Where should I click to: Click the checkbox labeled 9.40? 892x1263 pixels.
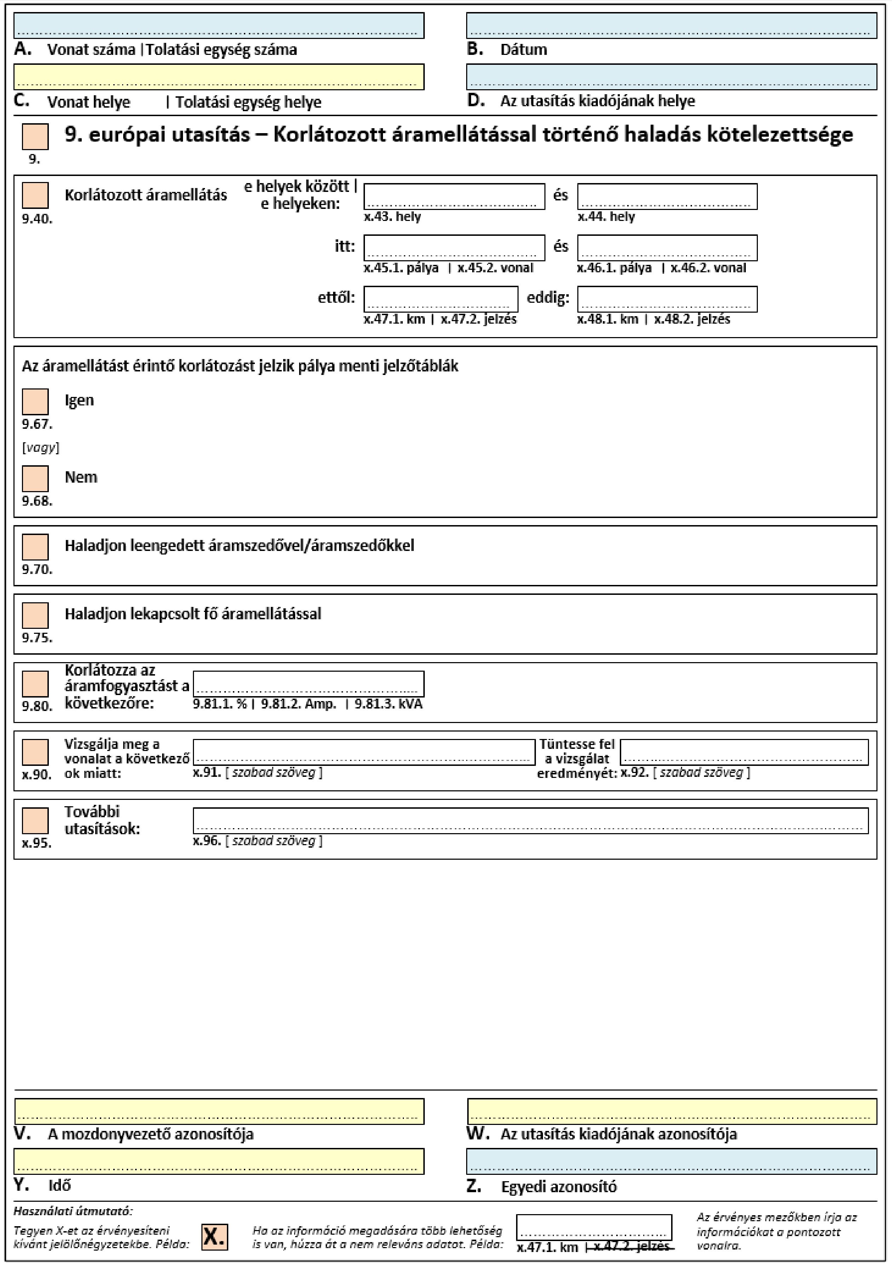tap(35, 195)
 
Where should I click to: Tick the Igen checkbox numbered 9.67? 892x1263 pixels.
tap(35, 402)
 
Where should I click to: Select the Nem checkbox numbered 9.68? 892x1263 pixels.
tap(35, 479)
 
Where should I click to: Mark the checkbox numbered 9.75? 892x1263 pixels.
tap(35, 615)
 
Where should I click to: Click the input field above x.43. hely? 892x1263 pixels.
tap(454, 197)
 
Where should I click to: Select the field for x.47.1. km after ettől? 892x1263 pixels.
tap(440, 299)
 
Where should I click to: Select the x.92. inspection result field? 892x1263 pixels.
tap(744, 752)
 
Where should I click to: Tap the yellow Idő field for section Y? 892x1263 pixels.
tap(219, 1161)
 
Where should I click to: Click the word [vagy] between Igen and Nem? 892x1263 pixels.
tap(40, 447)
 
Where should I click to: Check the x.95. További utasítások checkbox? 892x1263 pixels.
tap(35, 820)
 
